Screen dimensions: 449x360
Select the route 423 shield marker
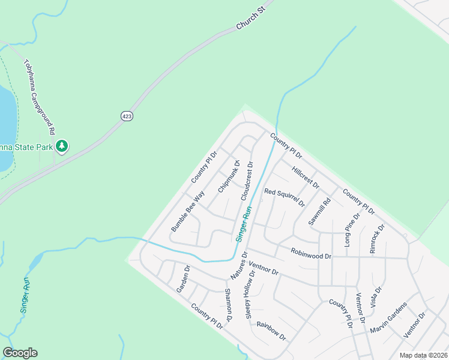(x=126, y=116)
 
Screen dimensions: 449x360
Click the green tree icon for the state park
(x=62, y=146)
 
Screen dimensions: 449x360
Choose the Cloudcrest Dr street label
(x=247, y=181)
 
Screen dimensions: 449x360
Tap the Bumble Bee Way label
(x=188, y=211)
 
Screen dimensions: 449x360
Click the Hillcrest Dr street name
(x=306, y=177)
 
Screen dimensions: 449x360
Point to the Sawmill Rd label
(x=319, y=212)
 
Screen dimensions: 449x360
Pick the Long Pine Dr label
(x=351, y=230)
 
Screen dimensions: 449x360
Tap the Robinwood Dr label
(x=311, y=255)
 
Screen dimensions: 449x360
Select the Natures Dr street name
(x=239, y=265)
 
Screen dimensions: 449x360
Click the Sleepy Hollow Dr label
(x=251, y=294)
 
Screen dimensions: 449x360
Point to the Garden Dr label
(x=182, y=279)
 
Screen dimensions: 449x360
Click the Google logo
(x=20, y=353)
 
